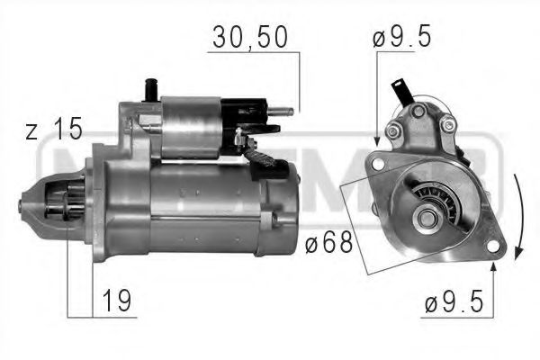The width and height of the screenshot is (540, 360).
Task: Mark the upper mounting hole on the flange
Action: [x=378, y=165]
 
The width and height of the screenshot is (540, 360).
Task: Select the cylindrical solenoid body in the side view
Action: [x=193, y=126]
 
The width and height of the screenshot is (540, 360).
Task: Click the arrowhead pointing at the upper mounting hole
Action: [x=376, y=140]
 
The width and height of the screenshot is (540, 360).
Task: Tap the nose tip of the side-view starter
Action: [x=21, y=203]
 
